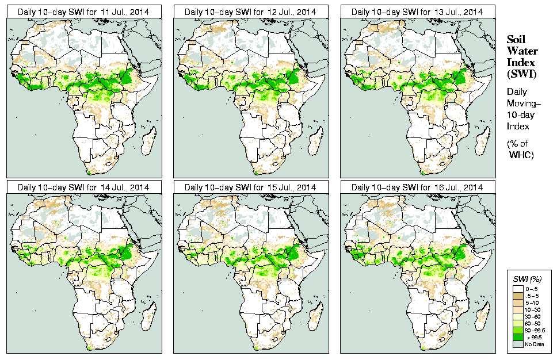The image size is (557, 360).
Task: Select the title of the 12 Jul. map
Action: coord(250,12)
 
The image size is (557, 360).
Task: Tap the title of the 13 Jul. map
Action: coord(417,12)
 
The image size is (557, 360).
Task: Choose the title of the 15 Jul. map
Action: coord(250,187)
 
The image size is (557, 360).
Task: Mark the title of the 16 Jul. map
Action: coord(417,187)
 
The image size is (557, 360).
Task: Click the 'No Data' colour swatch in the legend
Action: coord(518,343)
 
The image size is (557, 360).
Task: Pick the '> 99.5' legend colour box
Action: coord(518,336)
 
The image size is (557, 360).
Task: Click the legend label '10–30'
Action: coord(535,309)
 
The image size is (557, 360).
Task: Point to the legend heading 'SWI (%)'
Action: coord(525,279)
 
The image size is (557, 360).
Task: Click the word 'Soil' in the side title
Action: coord(515,40)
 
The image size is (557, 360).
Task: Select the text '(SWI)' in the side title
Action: coord(521,74)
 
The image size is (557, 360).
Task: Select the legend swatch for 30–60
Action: coord(518,316)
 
